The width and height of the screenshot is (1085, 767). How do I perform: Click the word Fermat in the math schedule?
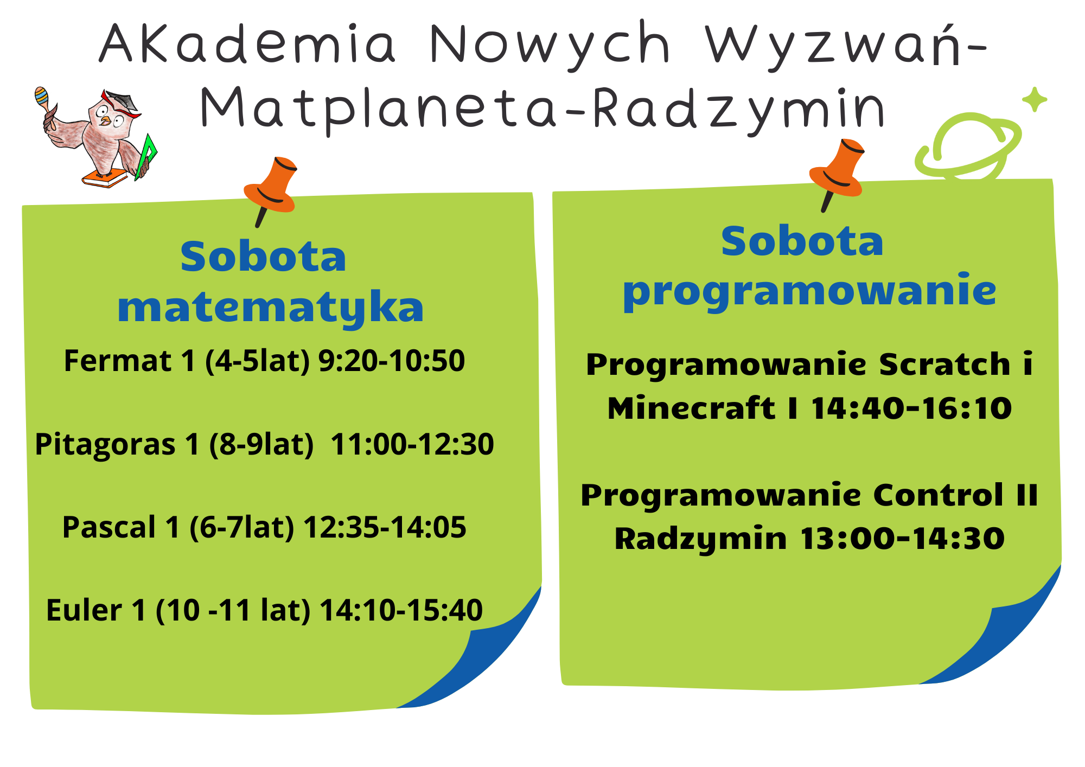(118, 361)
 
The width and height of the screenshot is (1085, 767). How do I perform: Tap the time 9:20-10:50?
(391, 361)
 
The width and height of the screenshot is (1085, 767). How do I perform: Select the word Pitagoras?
(105, 445)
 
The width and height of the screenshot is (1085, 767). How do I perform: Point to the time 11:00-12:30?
(412, 444)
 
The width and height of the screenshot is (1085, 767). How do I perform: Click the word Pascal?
(109, 527)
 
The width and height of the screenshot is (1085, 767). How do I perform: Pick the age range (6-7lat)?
(241, 528)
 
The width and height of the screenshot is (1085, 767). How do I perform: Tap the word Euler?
(84, 610)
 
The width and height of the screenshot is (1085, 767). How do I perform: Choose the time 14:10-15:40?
(401, 610)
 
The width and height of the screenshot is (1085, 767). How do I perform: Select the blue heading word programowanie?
(809, 292)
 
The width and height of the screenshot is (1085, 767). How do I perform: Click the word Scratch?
(944, 364)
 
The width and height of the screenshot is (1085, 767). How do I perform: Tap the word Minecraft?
(691, 408)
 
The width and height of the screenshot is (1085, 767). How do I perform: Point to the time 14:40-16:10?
(911, 408)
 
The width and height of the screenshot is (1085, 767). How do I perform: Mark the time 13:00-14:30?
(902, 539)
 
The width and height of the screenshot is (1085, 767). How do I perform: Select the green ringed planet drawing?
(968, 145)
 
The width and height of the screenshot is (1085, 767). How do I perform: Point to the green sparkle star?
(1035, 100)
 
